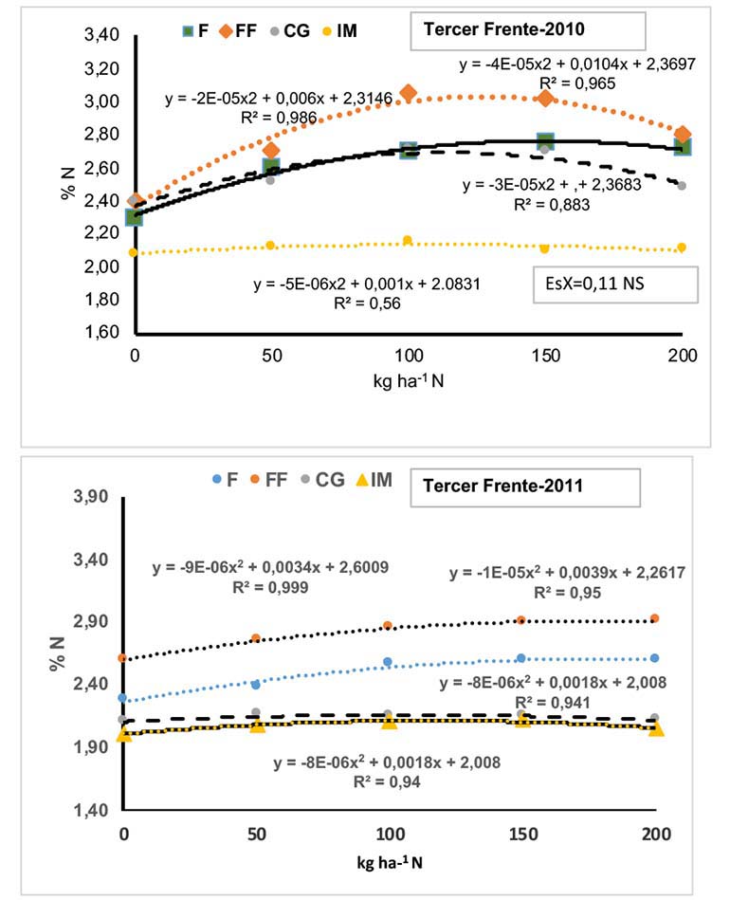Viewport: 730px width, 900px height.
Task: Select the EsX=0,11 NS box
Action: point(614,282)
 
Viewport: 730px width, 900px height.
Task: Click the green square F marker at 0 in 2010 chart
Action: point(135,217)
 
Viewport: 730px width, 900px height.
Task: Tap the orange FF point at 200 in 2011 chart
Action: point(654,618)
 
